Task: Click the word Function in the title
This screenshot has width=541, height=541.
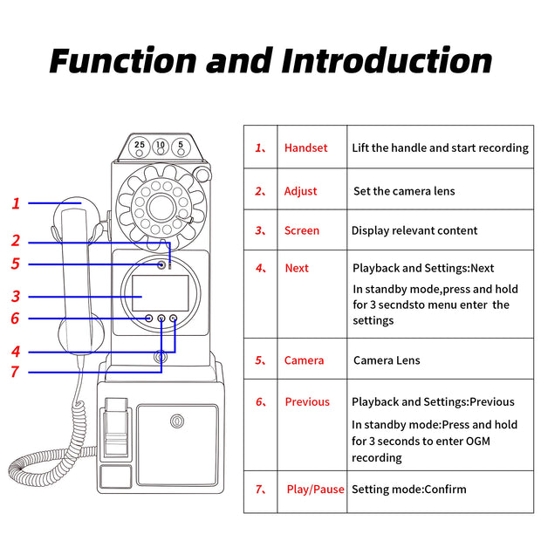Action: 122,61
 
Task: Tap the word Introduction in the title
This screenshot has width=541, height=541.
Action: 387,61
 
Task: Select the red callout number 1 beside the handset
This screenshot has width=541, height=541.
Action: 16,203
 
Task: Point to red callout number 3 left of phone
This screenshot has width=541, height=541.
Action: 16,297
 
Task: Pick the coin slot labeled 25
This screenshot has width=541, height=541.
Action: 140,146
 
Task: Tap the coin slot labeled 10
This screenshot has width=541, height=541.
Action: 161,146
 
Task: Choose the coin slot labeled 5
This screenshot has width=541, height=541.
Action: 181,146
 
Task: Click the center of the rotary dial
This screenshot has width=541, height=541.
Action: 161,207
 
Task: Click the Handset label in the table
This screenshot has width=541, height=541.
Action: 305,148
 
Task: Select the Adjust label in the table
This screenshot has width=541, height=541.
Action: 300,191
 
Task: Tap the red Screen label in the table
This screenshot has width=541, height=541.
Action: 301,231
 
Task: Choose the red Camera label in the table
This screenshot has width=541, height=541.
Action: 304,360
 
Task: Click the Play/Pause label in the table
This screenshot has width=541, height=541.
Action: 315,490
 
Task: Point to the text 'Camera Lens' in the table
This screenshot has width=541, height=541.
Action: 387,360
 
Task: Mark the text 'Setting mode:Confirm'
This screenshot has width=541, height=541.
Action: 409,490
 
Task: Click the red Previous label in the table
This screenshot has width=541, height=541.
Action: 307,402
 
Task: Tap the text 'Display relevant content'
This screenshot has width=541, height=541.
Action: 414,231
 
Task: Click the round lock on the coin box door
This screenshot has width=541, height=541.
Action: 177,421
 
